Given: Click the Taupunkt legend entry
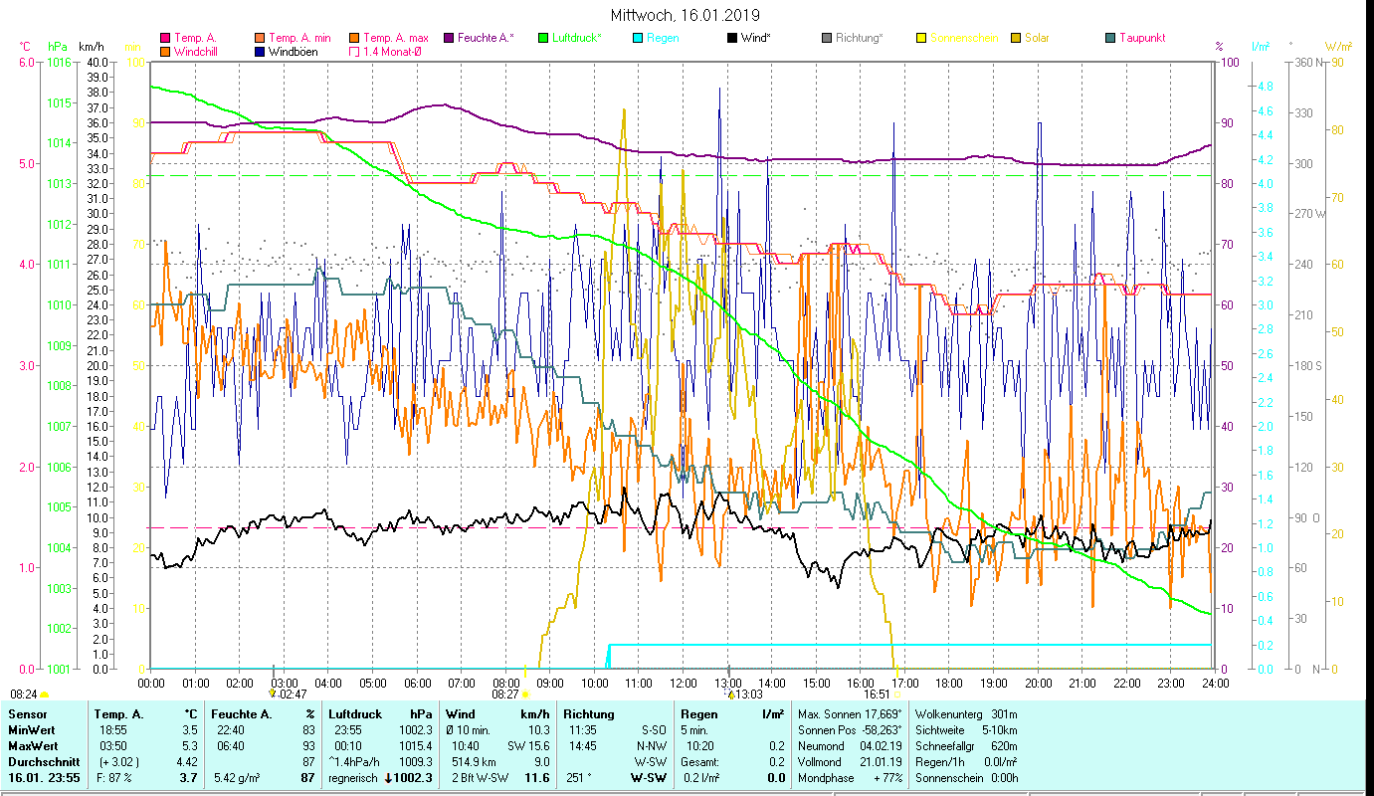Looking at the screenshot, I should pos(1141,38).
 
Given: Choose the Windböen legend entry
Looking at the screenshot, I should pos(293,52).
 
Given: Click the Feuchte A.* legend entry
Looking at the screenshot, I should pos(486,38).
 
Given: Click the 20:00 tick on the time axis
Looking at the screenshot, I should pos(1039,684).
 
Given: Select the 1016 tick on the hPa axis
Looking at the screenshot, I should pos(59,62).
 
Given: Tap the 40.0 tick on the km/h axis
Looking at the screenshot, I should pos(97,62).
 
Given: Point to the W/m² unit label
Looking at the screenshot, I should pos(1337,46).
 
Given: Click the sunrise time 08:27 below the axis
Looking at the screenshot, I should pos(505,695).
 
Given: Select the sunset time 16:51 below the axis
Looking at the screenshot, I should pos(876,695).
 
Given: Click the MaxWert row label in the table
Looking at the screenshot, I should pos(33,745).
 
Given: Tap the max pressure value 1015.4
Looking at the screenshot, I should pos(414,745).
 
